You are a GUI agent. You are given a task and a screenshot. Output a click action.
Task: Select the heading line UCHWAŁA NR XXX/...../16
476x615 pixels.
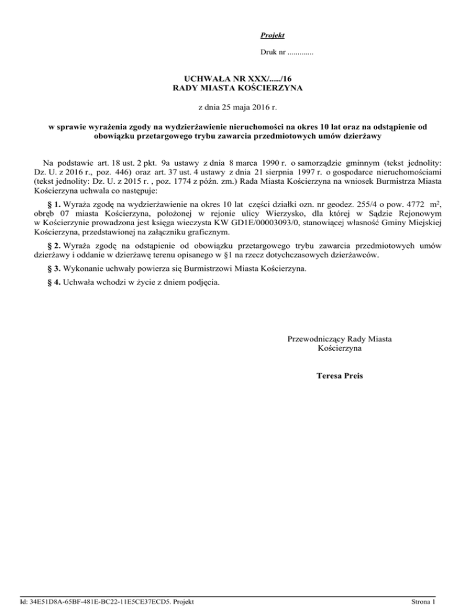[238, 79]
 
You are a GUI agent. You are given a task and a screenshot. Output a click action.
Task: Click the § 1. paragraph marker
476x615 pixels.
[55, 204]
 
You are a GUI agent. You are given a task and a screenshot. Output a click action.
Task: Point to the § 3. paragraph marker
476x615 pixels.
[55, 269]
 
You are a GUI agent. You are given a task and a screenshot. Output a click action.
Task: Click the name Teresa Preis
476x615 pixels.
[339, 376]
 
